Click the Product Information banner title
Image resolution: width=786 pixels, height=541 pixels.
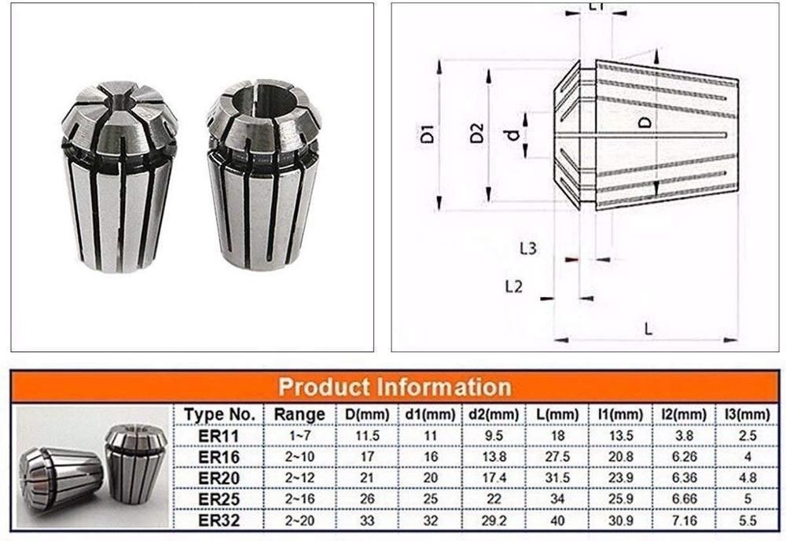[395, 387]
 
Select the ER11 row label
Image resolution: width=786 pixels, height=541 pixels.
[219, 435]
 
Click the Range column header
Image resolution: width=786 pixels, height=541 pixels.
[299, 414]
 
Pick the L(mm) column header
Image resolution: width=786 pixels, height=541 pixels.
[561, 414]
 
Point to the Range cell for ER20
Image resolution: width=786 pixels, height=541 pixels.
[299, 477]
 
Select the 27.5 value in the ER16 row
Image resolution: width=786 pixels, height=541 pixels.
[561, 456]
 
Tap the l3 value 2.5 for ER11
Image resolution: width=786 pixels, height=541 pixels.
[745, 435]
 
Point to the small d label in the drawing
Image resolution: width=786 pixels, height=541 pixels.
[512, 134]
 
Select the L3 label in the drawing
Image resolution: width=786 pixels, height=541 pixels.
[528, 248]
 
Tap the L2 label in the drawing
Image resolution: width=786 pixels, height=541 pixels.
[513, 287]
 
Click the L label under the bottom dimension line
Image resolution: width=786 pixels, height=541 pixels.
[648, 329]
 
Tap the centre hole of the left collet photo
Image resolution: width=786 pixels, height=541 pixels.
[118, 101]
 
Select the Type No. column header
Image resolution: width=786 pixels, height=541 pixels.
[219, 414]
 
